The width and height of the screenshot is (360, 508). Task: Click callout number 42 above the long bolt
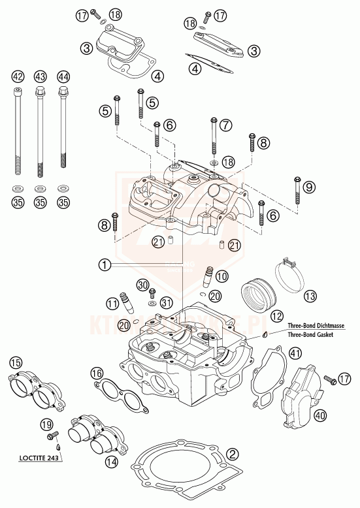pos(18,76)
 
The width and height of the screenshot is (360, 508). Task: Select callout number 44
pos(63,76)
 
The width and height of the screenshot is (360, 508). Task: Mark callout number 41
pos(296,353)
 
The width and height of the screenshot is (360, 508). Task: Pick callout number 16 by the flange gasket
pos(97,373)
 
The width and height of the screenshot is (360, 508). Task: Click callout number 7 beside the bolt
pos(226,123)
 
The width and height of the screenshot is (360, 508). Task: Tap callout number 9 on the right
pos(309,187)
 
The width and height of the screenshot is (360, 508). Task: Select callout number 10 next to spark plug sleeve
pos(222,276)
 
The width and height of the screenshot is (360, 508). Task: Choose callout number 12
pos(277,316)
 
